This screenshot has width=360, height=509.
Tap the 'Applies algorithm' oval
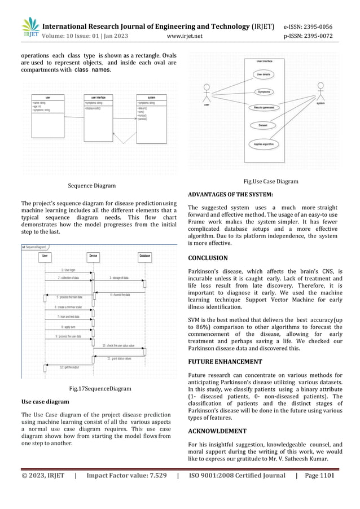coord(264,144)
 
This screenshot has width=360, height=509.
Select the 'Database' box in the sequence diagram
coord(144,256)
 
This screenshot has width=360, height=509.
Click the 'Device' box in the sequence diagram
coord(93,256)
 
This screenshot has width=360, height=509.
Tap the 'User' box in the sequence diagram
coord(45,256)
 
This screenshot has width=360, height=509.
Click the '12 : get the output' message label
coord(69,367)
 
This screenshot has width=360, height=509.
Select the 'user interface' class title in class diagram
coord(99,97)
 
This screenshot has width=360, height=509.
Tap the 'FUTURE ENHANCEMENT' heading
coord(225,362)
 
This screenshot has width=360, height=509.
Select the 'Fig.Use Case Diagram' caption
coord(270,182)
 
